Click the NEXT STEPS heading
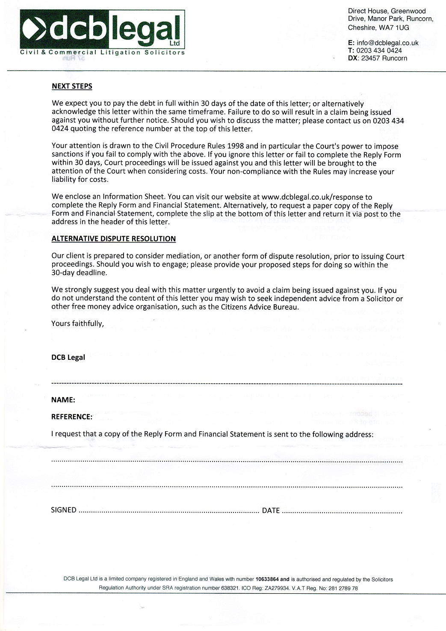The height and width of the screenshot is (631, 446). pos(72,86)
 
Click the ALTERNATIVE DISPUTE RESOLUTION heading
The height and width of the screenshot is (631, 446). pos(113,239)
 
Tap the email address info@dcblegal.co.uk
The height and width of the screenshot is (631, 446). pos(387,43)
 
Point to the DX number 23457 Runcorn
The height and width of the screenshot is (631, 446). pos(384,58)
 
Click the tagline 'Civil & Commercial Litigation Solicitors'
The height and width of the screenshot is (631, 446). pos(103,53)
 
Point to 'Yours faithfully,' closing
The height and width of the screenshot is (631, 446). pos(77,323)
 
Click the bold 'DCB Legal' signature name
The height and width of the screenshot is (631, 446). pos(68,358)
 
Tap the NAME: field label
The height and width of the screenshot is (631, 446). pos(63,400)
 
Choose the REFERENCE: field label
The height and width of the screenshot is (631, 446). pos(71,417)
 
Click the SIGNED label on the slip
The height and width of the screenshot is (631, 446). pos(64,510)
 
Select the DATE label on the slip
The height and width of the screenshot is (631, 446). pos(271,510)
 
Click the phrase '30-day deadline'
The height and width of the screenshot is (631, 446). pos(79,273)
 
